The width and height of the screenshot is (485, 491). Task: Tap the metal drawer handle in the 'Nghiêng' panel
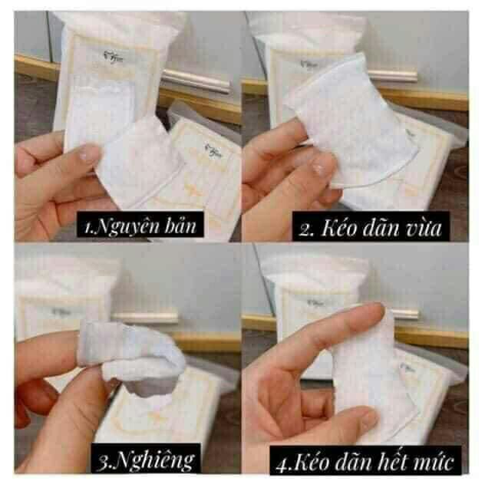click(146, 316)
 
